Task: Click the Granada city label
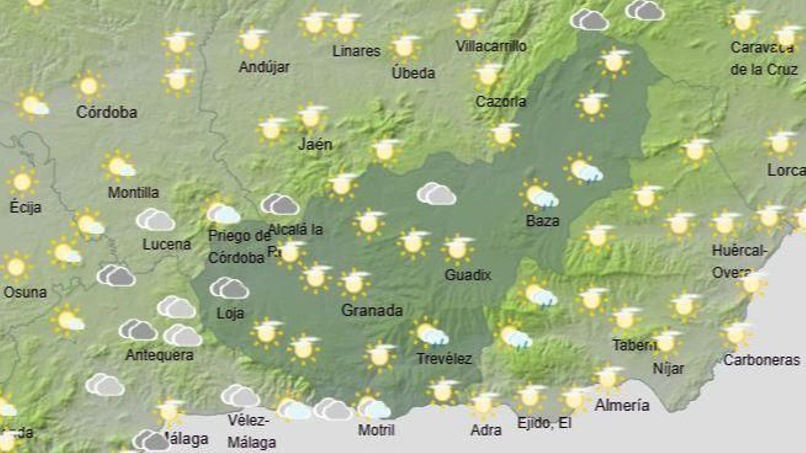(372, 310)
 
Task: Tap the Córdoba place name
(106, 112)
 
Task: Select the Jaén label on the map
(315, 144)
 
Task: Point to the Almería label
(622, 405)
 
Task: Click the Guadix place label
(467, 275)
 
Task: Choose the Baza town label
(543, 220)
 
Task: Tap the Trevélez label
(444, 358)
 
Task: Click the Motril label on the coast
(376, 430)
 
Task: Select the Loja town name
(230, 313)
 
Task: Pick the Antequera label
(159, 355)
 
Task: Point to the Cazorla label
(501, 102)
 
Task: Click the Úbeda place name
(413, 73)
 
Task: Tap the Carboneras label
(761, 360)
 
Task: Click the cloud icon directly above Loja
(229, 288)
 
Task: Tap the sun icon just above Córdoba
(89, 86)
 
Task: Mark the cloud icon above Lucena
(156, 220)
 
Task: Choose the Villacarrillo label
(491, 46)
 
